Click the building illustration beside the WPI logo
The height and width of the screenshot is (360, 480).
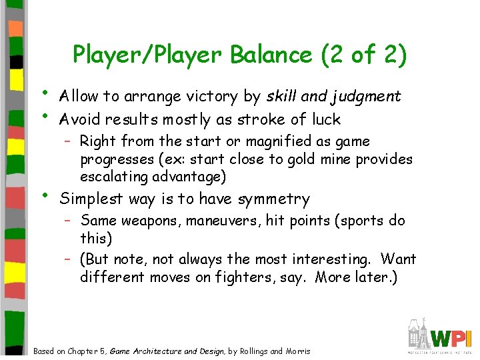pyautogui.click(x=419, y=335)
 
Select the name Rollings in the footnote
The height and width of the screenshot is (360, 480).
pyautogui.click(x=251, y=351)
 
